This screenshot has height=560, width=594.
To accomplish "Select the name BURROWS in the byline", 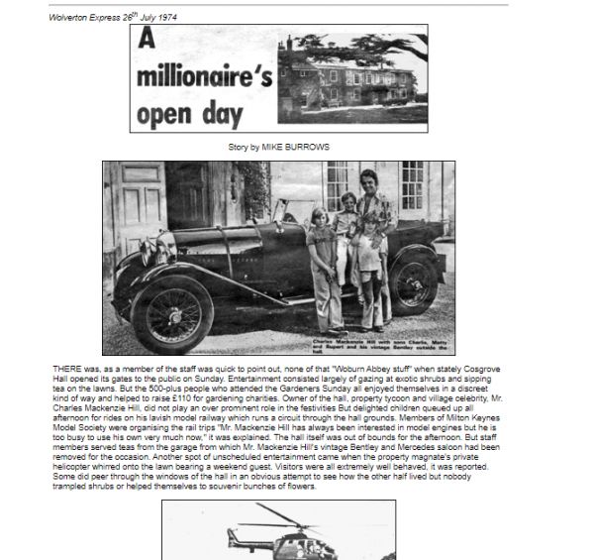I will tap(309, 147).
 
